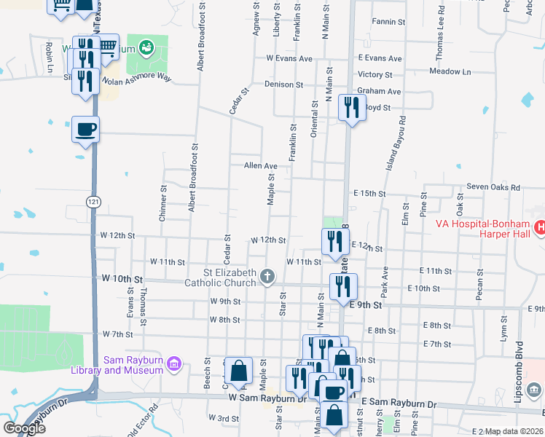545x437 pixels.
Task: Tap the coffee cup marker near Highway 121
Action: [85, 129]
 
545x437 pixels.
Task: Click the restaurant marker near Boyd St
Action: [352, 108]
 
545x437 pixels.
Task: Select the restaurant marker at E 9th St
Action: [343, 286]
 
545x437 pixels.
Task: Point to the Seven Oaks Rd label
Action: [493, 187]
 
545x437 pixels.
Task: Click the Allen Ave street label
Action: [261, 166]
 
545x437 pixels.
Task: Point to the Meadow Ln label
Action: [450, 71]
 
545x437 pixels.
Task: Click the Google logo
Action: [23, 428]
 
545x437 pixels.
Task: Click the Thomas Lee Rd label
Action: [439, 37]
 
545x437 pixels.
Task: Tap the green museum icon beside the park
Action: [146, 49]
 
